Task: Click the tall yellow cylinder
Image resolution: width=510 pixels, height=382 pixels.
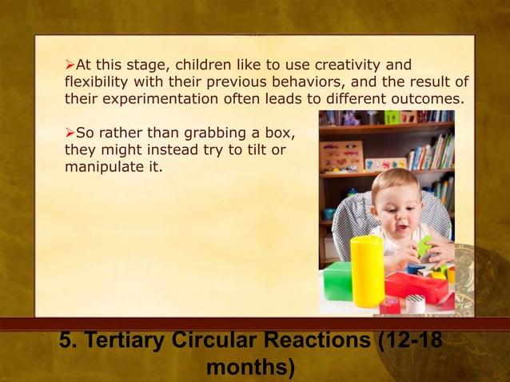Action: (x=367, y=271)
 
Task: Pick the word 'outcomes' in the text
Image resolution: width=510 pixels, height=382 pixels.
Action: (x=428, y=99)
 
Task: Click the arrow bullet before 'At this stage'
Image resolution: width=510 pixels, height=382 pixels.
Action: (x=70, y=64)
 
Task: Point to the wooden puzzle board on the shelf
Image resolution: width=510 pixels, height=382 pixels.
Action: (x=341, y=156)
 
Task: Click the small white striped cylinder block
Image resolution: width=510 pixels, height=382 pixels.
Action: (x=416, y=304)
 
